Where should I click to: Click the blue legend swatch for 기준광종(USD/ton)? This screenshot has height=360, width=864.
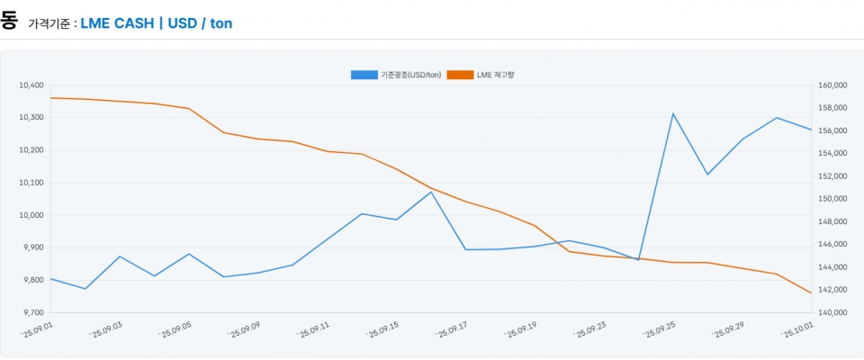pyautogui.click(x=364, y=74)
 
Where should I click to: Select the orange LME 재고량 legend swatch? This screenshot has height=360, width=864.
pyautogui.click(x=459, y=74)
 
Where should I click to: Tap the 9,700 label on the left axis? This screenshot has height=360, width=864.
pyautogui.click(x=32, y=312)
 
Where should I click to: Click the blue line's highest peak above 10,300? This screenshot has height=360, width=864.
pyautogui.click(x=673, y=113)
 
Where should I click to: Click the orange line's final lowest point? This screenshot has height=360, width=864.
pyautogui.click(x=811, y=293)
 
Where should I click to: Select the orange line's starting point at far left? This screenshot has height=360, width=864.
pyautogui.click(x=50, y=97)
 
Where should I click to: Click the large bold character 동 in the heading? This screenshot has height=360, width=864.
pyautogui.click(x=9, y=20)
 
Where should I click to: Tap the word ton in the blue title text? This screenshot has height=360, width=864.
pyautogui.click(x=221, y=22)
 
